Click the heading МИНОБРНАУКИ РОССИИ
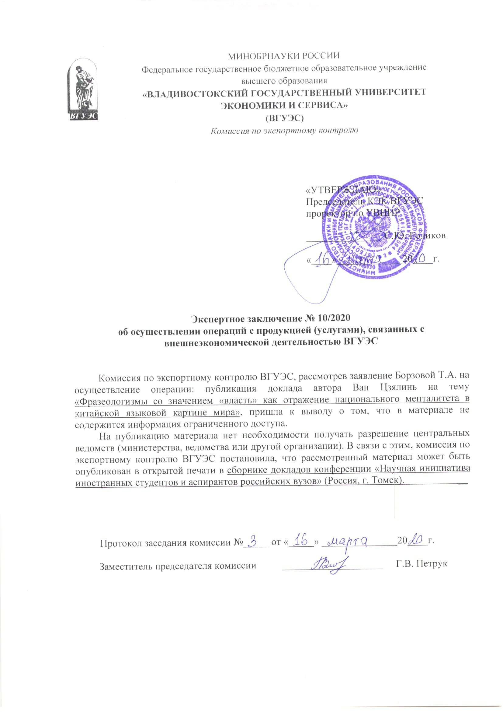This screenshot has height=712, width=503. point(284,56)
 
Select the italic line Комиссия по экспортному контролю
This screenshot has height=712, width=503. point(284,131)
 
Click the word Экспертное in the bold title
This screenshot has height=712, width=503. point(217,318)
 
